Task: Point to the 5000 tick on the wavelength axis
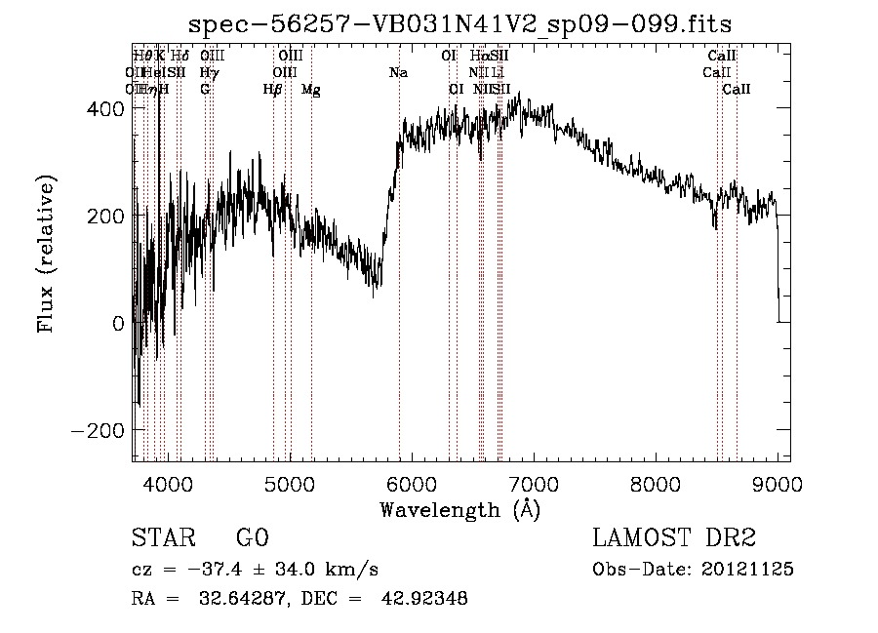tap(290, 483)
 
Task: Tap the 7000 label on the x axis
tap(533, 483)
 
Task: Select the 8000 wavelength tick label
tap(655, 483)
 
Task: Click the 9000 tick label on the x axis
tap(777, 483)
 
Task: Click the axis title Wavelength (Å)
tap(459, 509)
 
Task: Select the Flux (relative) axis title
tap(46, 253)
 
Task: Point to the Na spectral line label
tap(398, 73)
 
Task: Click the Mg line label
tap(310, 90)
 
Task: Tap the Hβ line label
tap(273, 90)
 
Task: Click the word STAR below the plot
tap(161, 538)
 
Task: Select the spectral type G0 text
tap(252, 538)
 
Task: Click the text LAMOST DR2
tap(674, 538)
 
